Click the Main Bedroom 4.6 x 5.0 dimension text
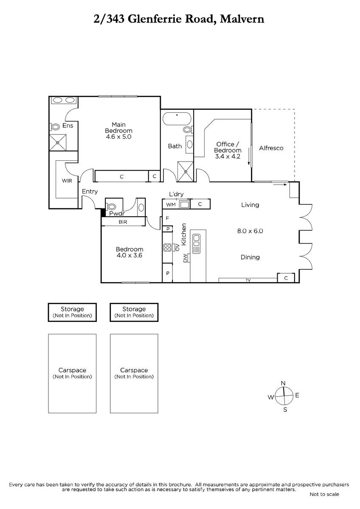pyautogui.click(x=118, y=137)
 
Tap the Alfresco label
pyautogui.click(x=271, y=148)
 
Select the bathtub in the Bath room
pyautogui.click(x=177, y=118)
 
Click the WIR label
pyautogui.click(x=67, y=181)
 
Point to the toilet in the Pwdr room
pyautogui.click(x=111, y=207)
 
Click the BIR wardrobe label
pyautogui.click(x=123, y=222)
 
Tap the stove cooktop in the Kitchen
pyautogui.click(x=167, y=247)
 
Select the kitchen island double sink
pyautogui.click(x=196, y=244)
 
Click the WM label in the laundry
pyautogui.click(x=171, y=204)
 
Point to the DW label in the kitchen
pyautogui.click(x=186, y=258)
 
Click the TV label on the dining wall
pyautogui.click(x=248, y=280)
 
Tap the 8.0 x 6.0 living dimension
pyautogui.click(x=250, y=231)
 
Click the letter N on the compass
pyautogui.click(x=283, y=383)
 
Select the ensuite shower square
pyautogui.click(x=58, y=143)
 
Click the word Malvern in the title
pyautogui.click(x=242, y=19)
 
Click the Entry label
pyautogui.click(x=90, y=192)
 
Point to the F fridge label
pyautogui.click(x=167, y=218)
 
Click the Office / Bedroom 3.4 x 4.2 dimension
pyautogui.click(x=228, y=157)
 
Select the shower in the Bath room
pyautogui.click(x=186, y=171)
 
